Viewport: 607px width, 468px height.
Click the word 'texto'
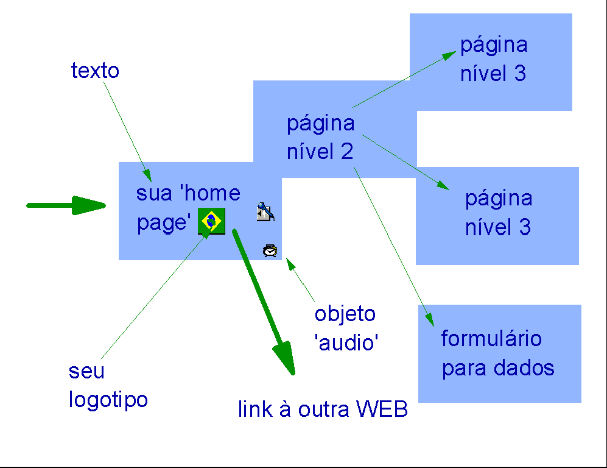(x=95, y=71)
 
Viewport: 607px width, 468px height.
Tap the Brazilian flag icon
(x=211, y=221)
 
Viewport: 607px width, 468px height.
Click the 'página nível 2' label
(x=320, y=138)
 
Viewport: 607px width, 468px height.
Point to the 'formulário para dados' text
(x=497, y=353)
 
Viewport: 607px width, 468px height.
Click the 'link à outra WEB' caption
(x=323, y=409)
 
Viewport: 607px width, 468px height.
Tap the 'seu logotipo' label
(x=108, y=386)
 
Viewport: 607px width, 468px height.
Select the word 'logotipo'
(x=108, y=400)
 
